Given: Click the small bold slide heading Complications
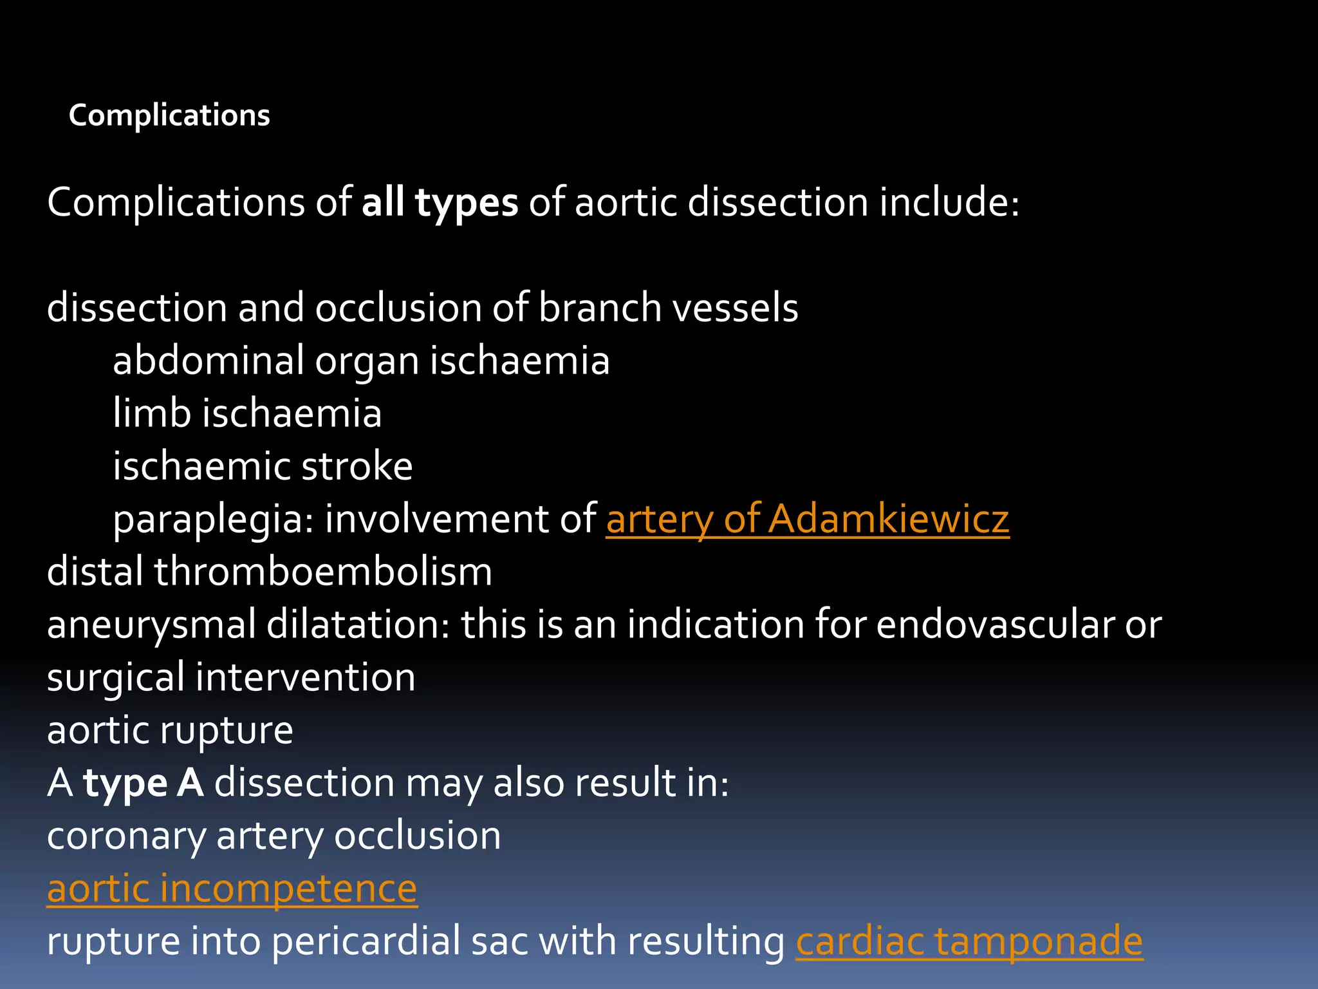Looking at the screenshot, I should [x=169, y=116].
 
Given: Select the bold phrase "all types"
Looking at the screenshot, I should [x=440, y=203].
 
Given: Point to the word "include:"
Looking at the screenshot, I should [x=950, y=203].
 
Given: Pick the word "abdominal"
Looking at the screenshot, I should [x=208, y=361].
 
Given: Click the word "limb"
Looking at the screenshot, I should [x=152, y=413].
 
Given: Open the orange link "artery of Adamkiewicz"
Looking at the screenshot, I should [x=807, y=519].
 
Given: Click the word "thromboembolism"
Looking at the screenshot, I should [x=323, y=572].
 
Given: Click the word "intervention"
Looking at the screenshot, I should [x=306, y=677].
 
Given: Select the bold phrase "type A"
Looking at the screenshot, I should [x=144, y=784].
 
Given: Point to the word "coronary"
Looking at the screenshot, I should [x=126, y=837].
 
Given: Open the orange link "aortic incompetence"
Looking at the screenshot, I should [x=232, y=889].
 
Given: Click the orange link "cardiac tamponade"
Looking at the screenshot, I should [x=969, y=942].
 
